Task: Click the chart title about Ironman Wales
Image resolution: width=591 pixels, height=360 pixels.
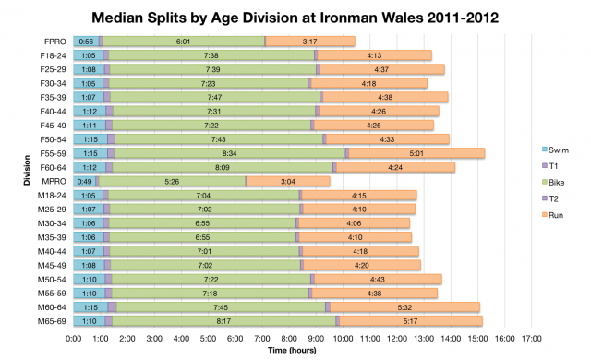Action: coord(295,17)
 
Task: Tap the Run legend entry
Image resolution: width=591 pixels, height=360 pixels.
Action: coord(557,215)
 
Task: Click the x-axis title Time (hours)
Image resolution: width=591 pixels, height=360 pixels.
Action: coord(295,351)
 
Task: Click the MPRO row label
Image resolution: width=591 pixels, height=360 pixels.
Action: coord(54,181)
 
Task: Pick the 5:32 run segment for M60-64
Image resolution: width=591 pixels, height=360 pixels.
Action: coord(404,306)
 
